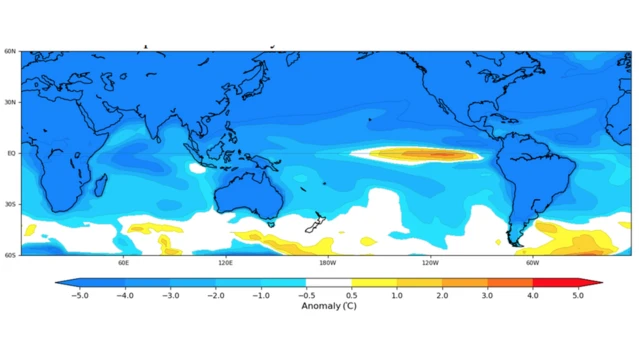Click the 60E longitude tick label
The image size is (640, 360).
123,263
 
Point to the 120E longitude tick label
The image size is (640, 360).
225,263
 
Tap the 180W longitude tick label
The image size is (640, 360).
327,263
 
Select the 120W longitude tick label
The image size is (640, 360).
430,263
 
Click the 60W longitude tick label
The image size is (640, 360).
532,263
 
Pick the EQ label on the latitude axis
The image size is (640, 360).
11,153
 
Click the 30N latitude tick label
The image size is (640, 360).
10,102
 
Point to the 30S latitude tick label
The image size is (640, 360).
10,204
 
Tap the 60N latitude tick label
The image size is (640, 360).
10,51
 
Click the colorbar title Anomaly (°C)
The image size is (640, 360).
328,306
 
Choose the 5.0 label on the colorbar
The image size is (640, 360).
577,295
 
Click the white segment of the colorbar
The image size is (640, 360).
327,283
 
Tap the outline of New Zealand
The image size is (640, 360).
315,223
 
